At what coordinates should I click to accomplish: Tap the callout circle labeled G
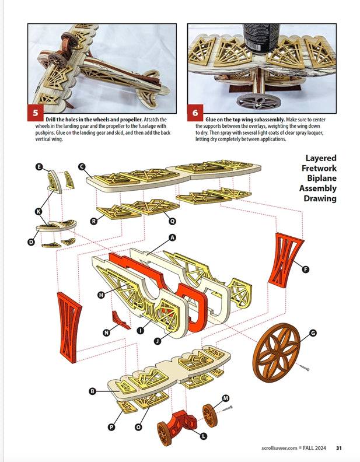tap(313, 333)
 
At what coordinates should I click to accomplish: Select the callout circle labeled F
tap(306, 269)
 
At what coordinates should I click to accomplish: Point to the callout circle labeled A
tap(172, 238)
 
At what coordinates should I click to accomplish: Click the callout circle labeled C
tap(82, 167)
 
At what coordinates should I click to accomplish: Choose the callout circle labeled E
tap(39, 167)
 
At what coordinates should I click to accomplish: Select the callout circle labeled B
tap(92, 391)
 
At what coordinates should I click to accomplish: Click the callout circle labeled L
tap(203, 436)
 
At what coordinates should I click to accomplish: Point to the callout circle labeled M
tap(226, 398)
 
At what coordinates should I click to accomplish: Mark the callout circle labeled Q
tap(172, 221)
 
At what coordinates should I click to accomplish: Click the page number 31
tap(339, 449)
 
